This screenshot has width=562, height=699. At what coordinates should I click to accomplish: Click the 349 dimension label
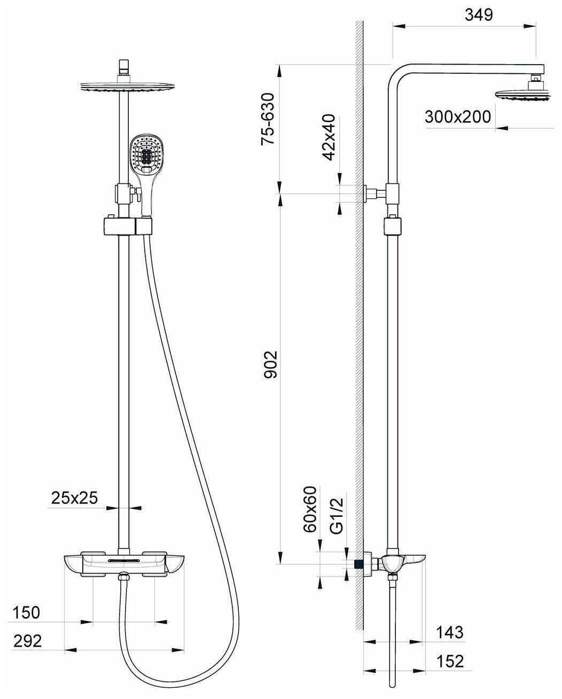coord(479,14)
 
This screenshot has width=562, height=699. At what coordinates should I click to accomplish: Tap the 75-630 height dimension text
coord(269,119)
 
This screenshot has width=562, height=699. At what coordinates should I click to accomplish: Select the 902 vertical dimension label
coord(270,364)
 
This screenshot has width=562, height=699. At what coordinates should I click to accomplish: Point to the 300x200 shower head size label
coord(457,117)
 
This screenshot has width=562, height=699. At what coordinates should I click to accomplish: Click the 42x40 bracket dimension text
coord(329,137)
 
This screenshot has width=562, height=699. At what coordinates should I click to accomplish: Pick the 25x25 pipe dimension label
coord(74,498)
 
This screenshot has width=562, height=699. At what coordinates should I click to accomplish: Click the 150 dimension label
coord(26,612)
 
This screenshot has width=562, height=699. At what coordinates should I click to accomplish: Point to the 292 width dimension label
coord(28,641)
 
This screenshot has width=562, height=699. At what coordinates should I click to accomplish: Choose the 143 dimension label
coord(450,632)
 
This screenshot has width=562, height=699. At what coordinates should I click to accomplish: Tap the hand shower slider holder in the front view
coord(128,227)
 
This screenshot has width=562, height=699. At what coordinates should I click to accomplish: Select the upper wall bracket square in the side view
coord(392,194)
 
